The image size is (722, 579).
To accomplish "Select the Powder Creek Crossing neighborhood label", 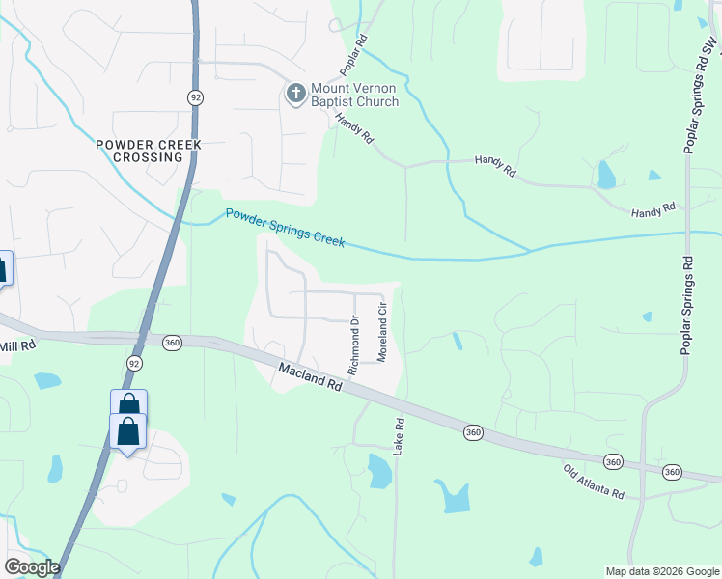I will [149, 151].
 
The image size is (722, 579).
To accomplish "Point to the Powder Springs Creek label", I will [285, 228].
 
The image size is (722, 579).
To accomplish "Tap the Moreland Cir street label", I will [382, 333].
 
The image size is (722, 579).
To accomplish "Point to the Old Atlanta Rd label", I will [594, 481].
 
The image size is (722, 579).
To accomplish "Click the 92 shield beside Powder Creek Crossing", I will [195, 97].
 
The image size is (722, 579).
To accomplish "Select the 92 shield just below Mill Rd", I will [133, 362].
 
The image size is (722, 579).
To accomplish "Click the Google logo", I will [31, 567].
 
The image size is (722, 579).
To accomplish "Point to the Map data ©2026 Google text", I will [662, 570].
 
